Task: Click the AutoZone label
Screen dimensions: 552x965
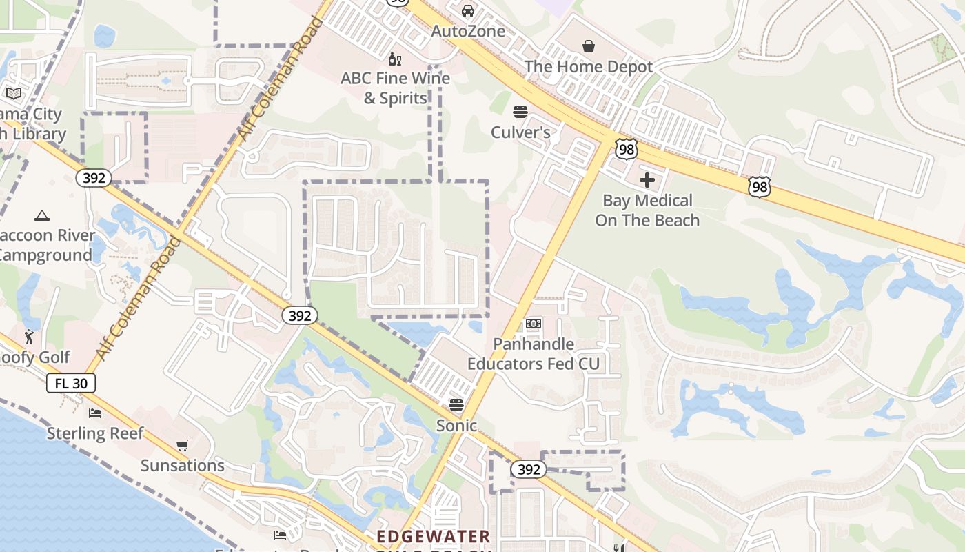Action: coord(468,31)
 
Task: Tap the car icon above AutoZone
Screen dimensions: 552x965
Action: coord(468,11)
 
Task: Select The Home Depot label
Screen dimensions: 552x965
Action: coord(588,66)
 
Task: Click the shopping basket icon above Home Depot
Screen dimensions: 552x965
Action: coord(589,46)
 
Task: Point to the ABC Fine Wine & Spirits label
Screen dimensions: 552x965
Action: coord(395,88)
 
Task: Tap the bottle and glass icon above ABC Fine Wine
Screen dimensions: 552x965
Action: coord(395,59)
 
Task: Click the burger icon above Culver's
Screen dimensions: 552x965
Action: coord(520,111)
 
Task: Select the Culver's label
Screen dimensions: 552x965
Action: coord(520,132)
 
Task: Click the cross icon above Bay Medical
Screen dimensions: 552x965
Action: coord(647,181)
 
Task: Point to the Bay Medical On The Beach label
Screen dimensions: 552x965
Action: coord(647,210)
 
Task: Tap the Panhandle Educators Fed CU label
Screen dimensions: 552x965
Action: coord(534,353)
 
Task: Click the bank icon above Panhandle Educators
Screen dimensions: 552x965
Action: coord(534,324)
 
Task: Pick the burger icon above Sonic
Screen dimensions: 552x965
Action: coord(456,404)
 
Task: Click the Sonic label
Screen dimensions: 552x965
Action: coord(456,425)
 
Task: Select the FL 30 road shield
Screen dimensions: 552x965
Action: coord(71,383)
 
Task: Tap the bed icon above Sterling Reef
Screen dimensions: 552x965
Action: coord(95,413)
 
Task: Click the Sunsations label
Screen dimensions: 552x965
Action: coord(183,465)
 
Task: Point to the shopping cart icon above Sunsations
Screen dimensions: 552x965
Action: coord(182,445)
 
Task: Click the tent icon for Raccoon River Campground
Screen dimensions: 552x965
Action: coord(42,215)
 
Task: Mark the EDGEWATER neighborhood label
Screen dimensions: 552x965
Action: coord(434,536)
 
